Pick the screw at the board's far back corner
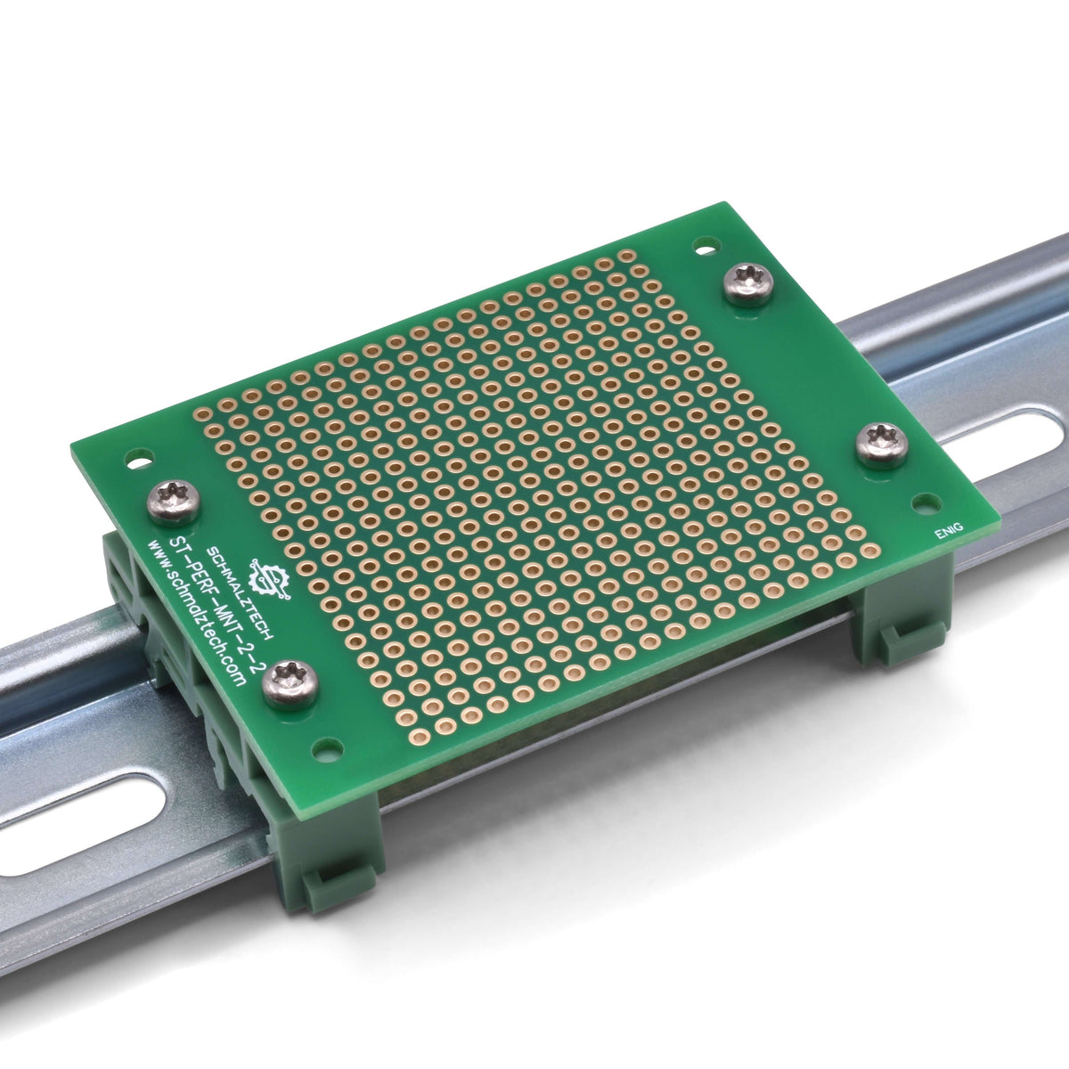(x=748, y=283)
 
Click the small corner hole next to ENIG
(x=927, y=504)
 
